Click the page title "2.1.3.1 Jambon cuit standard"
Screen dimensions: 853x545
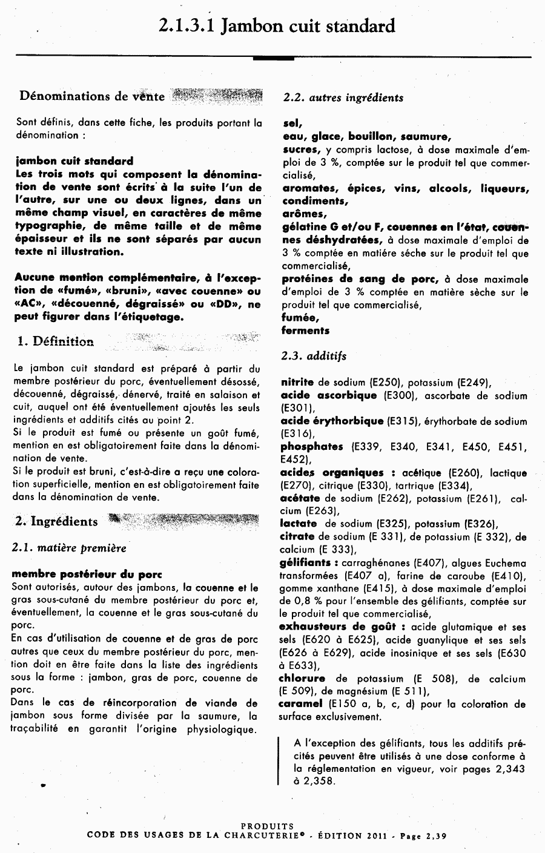[277, 25]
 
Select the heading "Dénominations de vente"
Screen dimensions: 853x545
[92, 96]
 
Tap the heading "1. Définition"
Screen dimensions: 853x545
[56, 341]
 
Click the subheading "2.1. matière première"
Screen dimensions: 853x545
[69, 548]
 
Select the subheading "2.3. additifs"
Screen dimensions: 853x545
[314, 356]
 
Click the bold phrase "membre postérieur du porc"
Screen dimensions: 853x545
[78, 573]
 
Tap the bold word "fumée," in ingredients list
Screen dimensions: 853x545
[300, 317]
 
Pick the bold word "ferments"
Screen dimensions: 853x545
[305, 331]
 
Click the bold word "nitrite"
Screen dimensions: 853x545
[297, 382]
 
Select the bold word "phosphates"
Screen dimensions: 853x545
[312, 447]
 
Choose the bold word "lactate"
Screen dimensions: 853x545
[299, 524]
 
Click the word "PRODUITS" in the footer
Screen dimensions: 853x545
[267, 826]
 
